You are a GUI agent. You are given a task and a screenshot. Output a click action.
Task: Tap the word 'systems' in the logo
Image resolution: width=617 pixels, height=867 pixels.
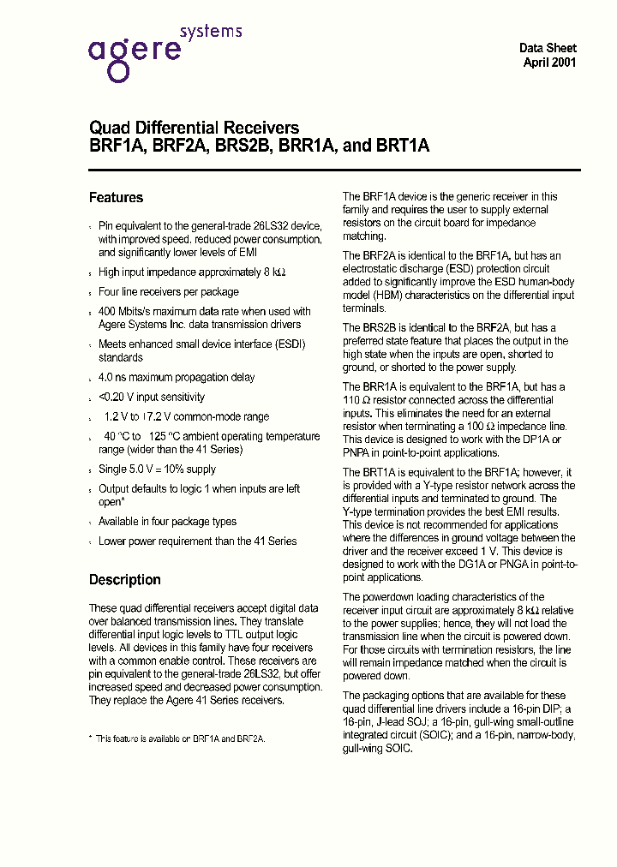tap(210, 32)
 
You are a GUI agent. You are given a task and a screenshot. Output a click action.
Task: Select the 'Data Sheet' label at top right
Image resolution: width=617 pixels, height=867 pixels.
tap(548, 48)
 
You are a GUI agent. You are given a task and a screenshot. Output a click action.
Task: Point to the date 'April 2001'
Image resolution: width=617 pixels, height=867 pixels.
tap(549, 63)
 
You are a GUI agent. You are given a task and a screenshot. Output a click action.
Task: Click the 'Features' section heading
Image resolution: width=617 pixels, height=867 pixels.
tap(116, 198)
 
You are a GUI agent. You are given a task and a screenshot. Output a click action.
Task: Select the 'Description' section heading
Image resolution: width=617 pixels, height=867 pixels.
tap(124, 580)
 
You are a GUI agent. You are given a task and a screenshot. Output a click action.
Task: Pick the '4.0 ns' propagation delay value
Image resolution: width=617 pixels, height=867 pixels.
tap(115, 378)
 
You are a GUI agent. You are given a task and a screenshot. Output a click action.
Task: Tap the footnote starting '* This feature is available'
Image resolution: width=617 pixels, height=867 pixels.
tap(177, 738)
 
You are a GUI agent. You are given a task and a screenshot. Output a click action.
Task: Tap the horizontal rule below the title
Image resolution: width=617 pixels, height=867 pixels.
tap(334, 170)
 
